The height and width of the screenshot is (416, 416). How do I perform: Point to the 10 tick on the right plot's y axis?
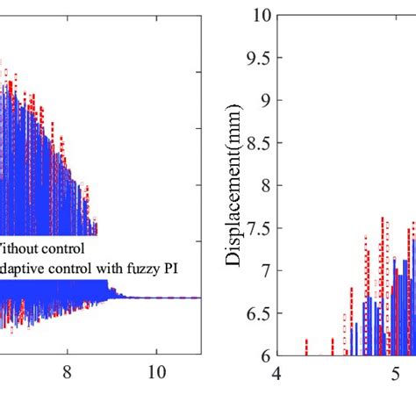pyautogui.click(x=261, y=15)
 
